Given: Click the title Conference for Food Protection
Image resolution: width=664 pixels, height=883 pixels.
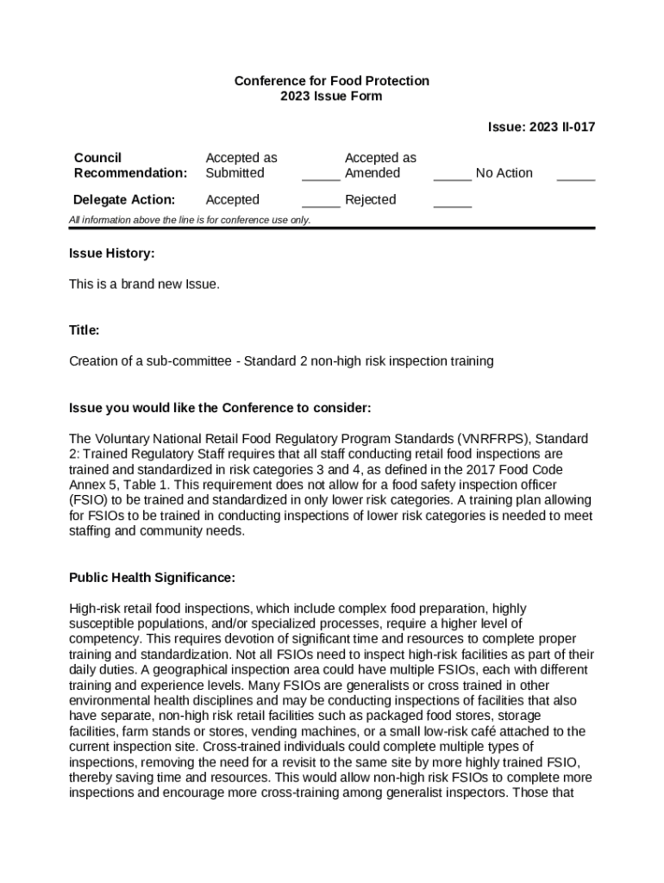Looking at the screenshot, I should (331, 81).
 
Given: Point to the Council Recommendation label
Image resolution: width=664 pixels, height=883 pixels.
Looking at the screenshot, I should (130, 166).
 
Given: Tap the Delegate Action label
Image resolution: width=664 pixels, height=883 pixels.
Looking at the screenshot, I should (124, 200).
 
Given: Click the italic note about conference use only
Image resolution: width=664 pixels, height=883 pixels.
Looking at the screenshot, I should (190, 220).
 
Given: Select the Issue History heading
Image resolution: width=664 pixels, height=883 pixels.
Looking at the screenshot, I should (112, 254).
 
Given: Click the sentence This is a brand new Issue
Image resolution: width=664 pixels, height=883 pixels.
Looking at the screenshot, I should (144, 284).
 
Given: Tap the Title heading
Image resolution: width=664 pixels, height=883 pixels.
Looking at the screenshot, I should (85, 330).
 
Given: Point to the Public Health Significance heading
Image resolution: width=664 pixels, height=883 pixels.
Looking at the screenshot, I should (152, 578).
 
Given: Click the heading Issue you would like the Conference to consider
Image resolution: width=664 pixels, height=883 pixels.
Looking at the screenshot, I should (220, 408).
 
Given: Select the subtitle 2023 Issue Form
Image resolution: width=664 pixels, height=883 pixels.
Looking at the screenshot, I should (331, 97).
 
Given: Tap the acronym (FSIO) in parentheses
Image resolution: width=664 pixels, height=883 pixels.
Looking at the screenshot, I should (88, 500).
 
